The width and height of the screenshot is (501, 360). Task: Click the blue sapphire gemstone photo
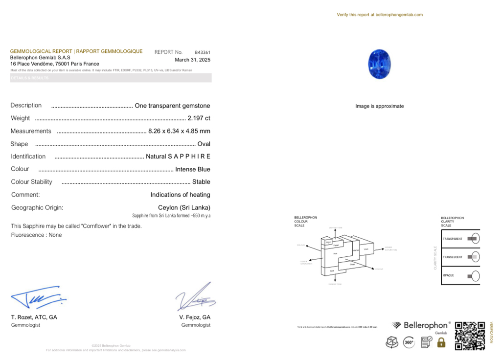pyautogui.click(x=379, y=64)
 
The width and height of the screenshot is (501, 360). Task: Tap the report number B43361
pyautogui.click(x=203, y=52)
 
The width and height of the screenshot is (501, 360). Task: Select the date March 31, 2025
pyautogui.click(x=192, y=60)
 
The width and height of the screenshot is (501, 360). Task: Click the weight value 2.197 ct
pyautogui.click(x=199, y=118)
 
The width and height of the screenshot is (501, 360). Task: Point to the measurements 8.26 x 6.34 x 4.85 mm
pyautogui.click(x=179, y=131)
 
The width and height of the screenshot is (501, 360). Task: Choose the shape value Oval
pyautogui.click(x=204, y=144)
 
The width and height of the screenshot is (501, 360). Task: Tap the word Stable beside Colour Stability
pyautogui.click(x=201, y=182)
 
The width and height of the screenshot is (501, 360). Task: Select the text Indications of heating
pyautogui.click(x=180, y=195)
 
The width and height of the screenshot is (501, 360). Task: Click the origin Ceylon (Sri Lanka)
pyautogui.click(x=184, y=207)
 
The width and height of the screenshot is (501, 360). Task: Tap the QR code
pyautogui.click(x=470, y=336)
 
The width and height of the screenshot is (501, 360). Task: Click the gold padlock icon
pyautogui.click(x=441, y=342)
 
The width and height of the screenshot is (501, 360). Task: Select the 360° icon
pyautogui.click(x=409, y=342)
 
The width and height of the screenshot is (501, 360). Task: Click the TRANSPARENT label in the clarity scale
pyautogui.click(x=453, y=239)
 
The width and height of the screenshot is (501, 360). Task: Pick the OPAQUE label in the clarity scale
pyautogui.click(x=449, y=275)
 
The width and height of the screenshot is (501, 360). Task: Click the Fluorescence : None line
pyautogui.click(x=37, y=235)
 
